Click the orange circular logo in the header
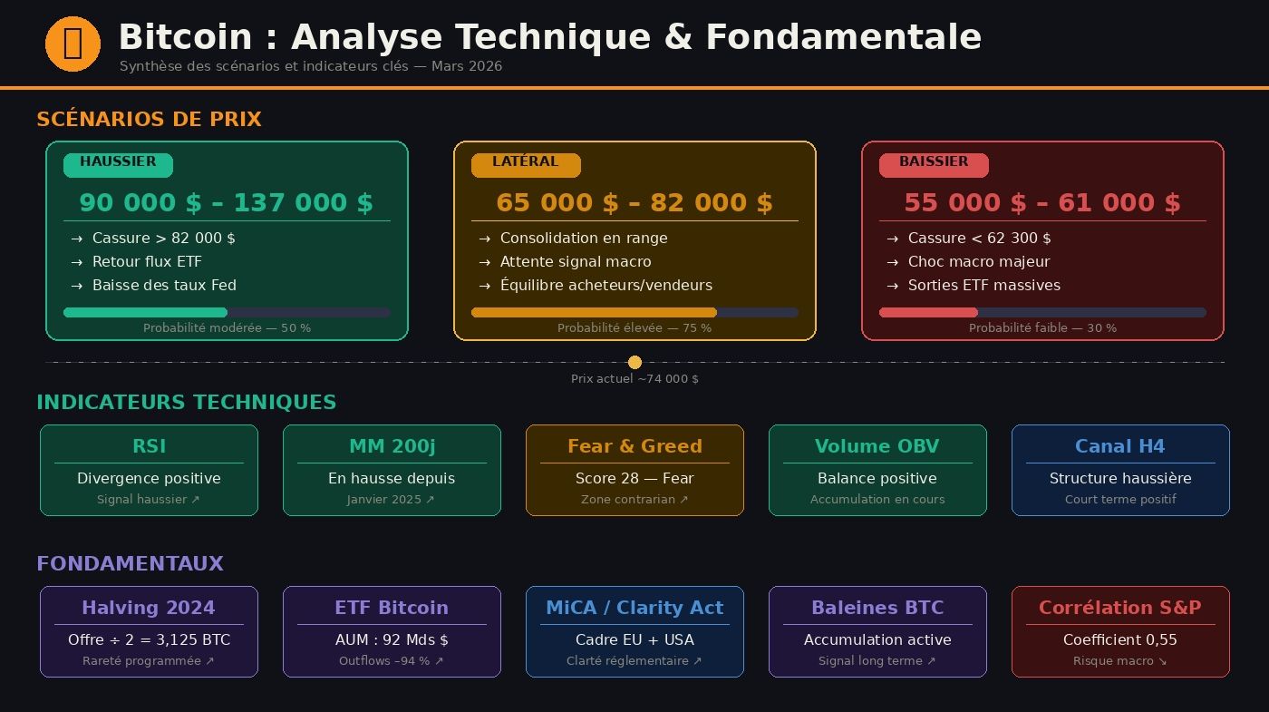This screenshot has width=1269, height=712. (73, 44)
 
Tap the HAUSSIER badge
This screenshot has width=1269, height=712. (118, 164)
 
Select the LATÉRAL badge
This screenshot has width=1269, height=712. (526, 164)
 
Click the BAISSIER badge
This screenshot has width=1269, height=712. (934, 164)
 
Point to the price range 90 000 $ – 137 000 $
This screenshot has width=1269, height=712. (227, 203)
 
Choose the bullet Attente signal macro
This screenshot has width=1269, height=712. (576, 262)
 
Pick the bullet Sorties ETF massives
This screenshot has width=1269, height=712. (983, 286)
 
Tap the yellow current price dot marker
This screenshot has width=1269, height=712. (634, 362)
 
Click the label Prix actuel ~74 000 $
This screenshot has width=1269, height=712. (634, 379)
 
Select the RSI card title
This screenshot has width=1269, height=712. (149, 446)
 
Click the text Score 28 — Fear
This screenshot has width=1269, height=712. (634, 479)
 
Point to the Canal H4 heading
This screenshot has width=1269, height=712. (1120, 446)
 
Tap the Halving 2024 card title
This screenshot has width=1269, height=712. (149, 608)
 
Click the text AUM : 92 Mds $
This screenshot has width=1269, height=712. (392, 640)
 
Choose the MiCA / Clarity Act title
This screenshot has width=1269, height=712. (634, 608)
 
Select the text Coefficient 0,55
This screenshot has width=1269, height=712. (1120, 640)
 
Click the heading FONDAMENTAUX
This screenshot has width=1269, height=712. (130, 564)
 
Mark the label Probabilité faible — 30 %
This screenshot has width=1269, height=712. (1042, 328)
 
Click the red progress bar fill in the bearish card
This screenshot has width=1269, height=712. (928, 313)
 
